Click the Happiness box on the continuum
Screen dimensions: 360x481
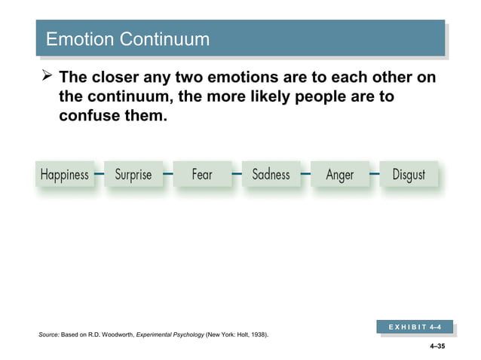click(64, 175)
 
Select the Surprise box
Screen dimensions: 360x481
click(133, 175)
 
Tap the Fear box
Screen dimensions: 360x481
click(202, 175)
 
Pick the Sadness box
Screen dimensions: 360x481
click(271, 175)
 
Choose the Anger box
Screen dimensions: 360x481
click(339, 175)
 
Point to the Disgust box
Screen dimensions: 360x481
click(409, 175)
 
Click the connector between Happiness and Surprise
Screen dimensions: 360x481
click(99, 174)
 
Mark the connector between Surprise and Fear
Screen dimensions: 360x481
click(167, 174)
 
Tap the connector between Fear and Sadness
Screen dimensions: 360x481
click(237, 174)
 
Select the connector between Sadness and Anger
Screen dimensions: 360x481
click(305, 174)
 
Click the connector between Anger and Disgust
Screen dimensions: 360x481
click(374, 174)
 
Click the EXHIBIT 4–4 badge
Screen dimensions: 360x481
click(415, 328)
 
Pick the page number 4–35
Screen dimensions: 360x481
click(437, 347)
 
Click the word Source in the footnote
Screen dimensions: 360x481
click(48, 334)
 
